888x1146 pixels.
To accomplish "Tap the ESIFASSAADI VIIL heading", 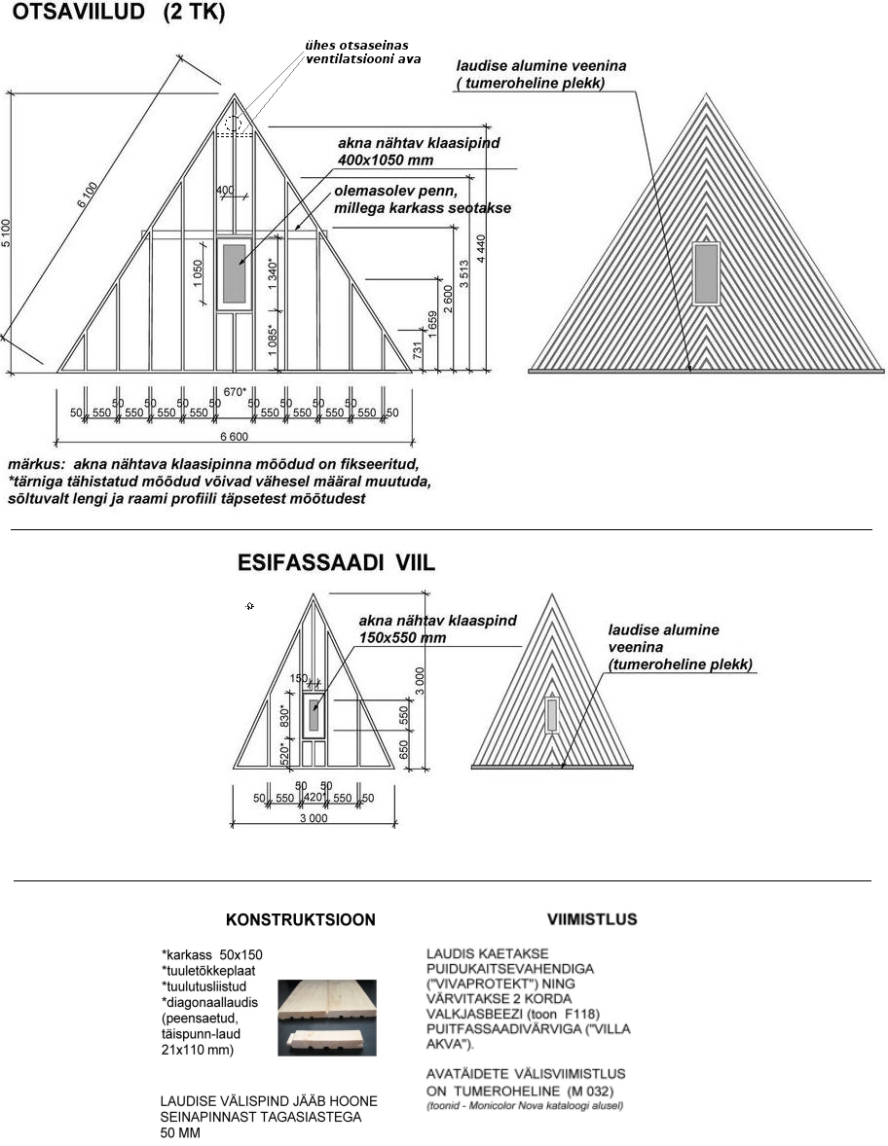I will click(336, 563).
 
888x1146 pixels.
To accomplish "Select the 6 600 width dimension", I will click(233, 436).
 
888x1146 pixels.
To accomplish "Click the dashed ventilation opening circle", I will click(233, 124).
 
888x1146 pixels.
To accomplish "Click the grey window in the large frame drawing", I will click(234, 272).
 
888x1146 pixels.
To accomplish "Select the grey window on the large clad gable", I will click(706, 273).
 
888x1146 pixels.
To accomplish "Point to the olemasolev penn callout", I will click(422, 199).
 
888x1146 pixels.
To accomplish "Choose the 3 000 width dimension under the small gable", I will click(313, 818).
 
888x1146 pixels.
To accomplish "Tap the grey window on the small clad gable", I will click(552, 715).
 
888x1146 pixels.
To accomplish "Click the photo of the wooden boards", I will click(326, 1018).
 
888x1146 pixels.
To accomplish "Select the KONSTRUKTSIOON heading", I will click(300, 919).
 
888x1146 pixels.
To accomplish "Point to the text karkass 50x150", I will click(212, 954).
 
